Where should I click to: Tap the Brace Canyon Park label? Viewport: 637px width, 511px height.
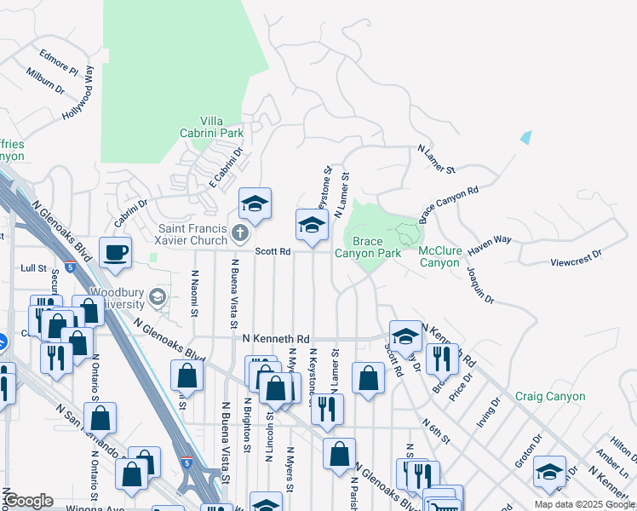coord(367,248)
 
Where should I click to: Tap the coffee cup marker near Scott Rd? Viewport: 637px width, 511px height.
coord(115,252)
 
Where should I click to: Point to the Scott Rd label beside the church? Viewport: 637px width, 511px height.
coord(273,251)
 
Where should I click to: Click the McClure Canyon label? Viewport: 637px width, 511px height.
coord(439,256)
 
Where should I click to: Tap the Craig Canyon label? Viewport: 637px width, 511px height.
coord(550,396)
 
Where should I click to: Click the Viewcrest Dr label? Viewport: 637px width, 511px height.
coord(576,253)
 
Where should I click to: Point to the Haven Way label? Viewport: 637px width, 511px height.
coord(490,240)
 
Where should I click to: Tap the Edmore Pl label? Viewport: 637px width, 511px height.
coord(59,63)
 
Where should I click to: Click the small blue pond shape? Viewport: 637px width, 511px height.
coord(525,137)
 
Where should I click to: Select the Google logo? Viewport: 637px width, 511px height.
coord(27,500)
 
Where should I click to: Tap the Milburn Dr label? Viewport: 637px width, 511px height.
coord(45,81)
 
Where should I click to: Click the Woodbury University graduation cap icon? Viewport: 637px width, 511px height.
coord(157,296)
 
